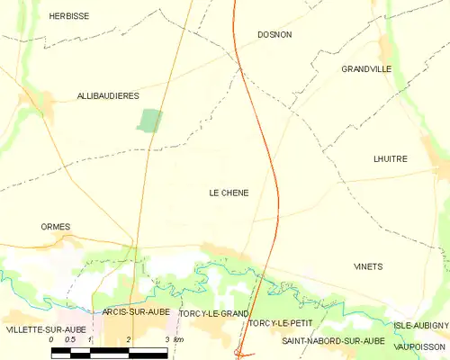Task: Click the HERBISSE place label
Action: coord(68,16)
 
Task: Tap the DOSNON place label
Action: coord(274,34)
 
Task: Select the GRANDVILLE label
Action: coord(365,68)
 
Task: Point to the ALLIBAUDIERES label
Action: coord(107,95)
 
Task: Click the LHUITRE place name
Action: coord(390,158)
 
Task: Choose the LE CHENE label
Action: coord(229,193)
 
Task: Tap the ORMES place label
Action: coord(56,227)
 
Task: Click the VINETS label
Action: coord(368,266)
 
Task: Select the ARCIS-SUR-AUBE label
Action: coord(136,311)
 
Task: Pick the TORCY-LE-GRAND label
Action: coord(213,313)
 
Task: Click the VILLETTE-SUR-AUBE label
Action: coord(46,329)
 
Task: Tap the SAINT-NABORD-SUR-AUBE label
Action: coord(333,341)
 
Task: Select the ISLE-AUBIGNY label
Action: coord(420,325)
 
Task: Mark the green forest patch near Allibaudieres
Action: coord(149,121)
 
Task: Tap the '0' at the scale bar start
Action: coord(52,339)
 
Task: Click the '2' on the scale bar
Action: coord(129,339)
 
